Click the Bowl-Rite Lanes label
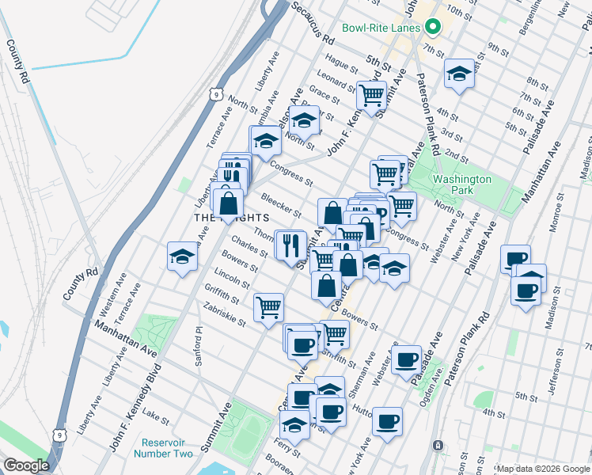(381, 28)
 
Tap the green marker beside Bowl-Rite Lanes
(432, 28)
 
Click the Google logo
(25, 465)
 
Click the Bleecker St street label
(281, 205)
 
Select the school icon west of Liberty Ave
(182, 257)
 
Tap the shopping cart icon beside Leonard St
(371, 96)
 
